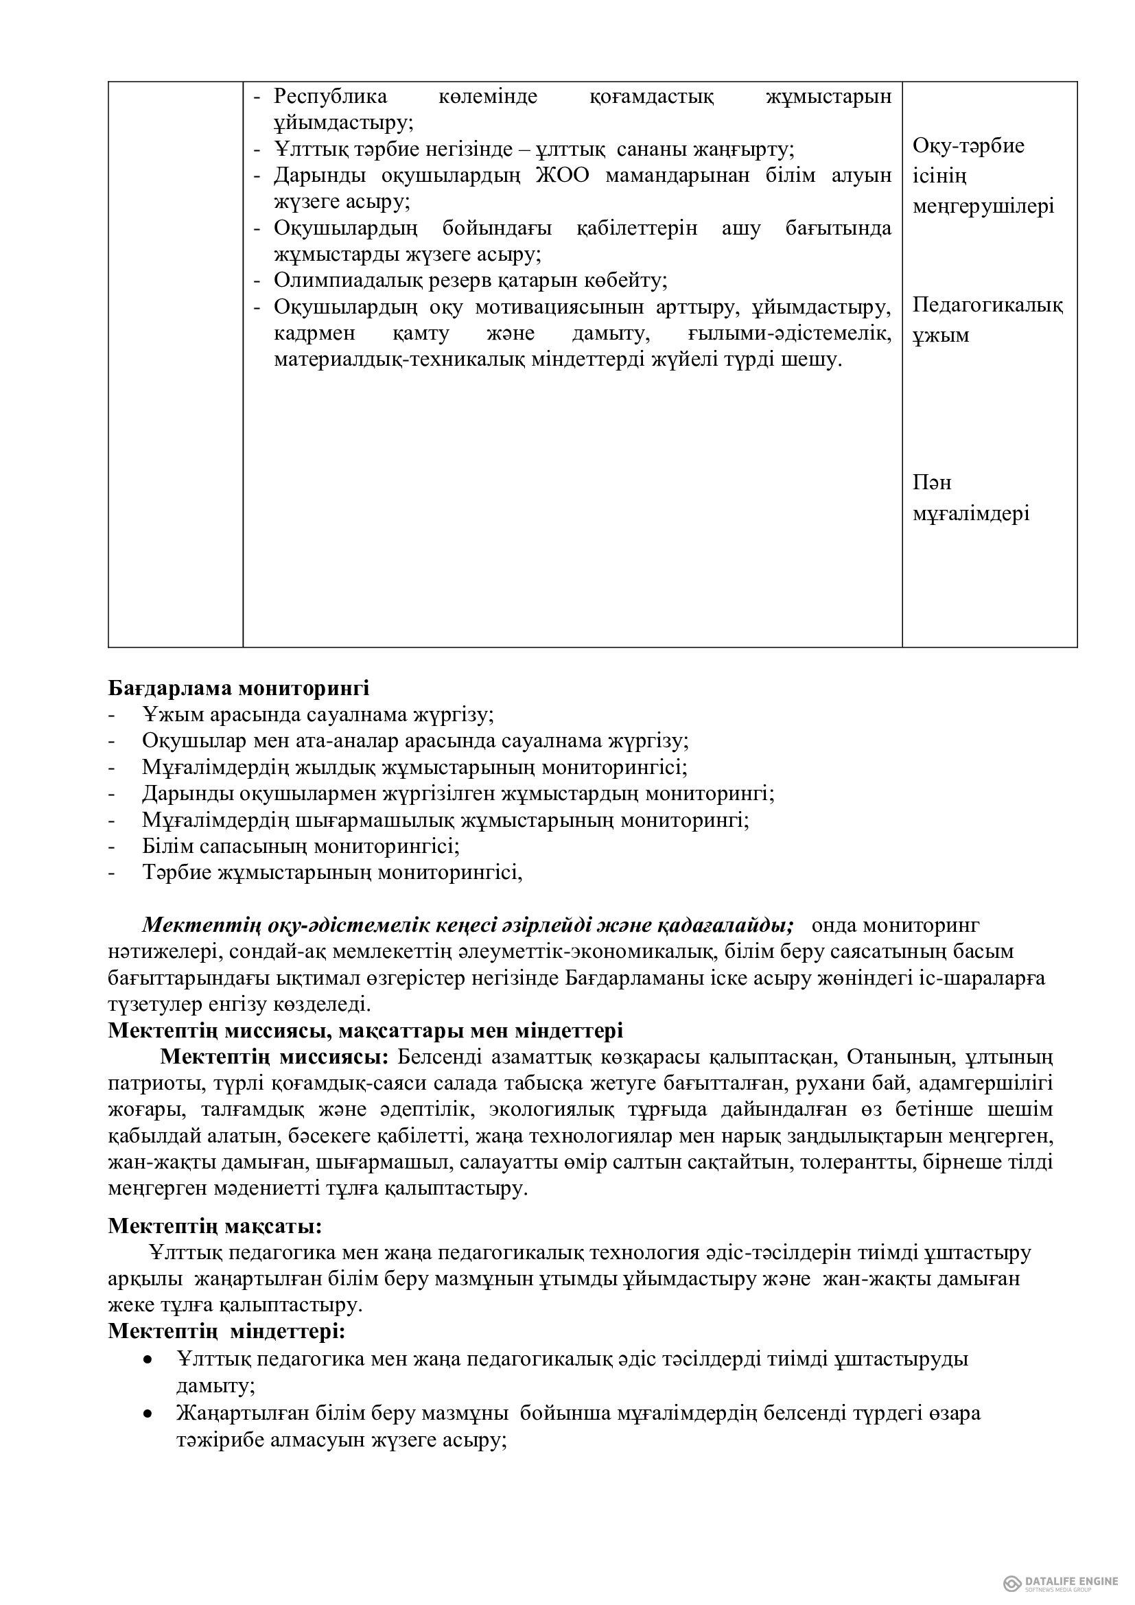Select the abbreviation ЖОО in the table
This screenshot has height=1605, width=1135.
pyautogui.click(x=563, y=175)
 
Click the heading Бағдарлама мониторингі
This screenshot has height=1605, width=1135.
pyautogui.click(x=238, y=688)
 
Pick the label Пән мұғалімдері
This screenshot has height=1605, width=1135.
pyautogui.click(x=971, y=498)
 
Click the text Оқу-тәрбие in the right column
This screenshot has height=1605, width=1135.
pyautogui.click(x=969, y=145)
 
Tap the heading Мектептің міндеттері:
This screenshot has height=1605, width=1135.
pyautogui.click(x=226, y=1331)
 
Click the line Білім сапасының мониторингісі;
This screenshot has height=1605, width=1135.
pyautogui.click(x=301, y=846)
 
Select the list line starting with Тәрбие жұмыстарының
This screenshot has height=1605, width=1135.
pyautogui.click(x=332, y=872)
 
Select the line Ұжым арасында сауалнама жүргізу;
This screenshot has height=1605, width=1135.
pyautogui.click(x=318, y=715)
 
